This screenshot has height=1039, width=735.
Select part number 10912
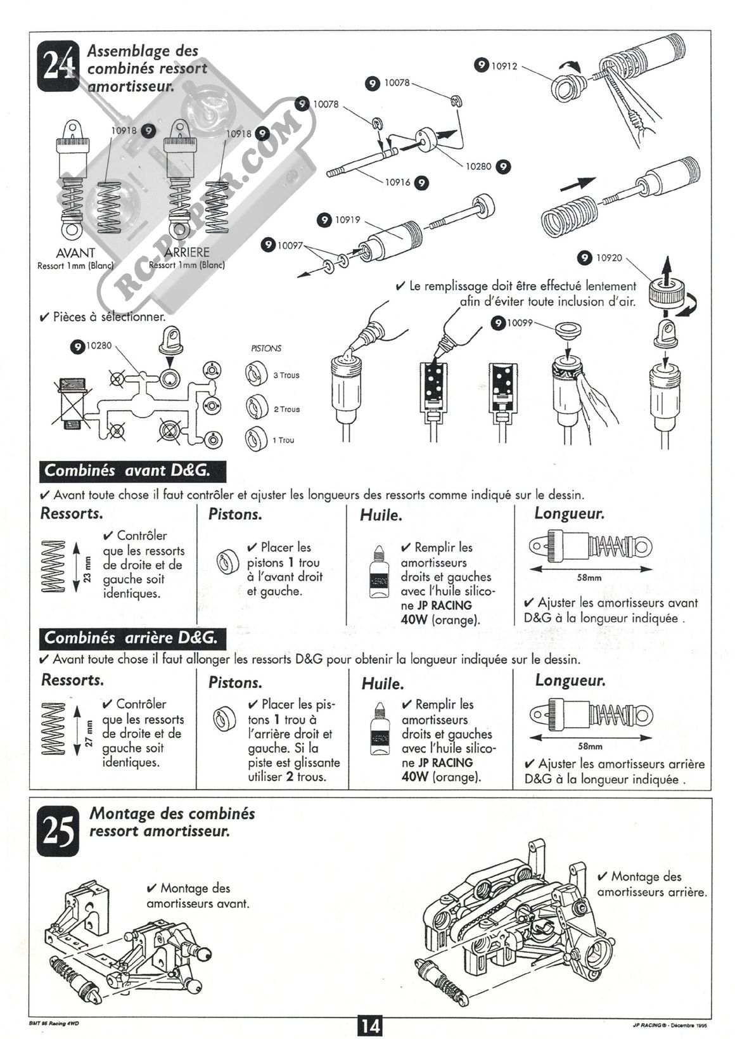pyautogui.click(x=504, y=65)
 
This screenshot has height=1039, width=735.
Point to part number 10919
pyautogui.click(x=347, y=220)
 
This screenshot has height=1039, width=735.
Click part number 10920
pyautogui.click(x=609, y=258)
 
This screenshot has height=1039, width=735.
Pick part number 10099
pyautogui.click(x=520, y=323)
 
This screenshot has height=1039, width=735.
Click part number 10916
pyautogui.click(x=398, y=183)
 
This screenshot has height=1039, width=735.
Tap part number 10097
pyautogui.click(x=290, y=245)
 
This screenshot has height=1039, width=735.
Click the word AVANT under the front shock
pyautogui.click(x=75, y=252)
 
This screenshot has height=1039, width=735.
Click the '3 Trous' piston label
pyautogui.click(x=286, y=375)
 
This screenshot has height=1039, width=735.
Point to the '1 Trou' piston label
pyautogui.click(x=283, y=440)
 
